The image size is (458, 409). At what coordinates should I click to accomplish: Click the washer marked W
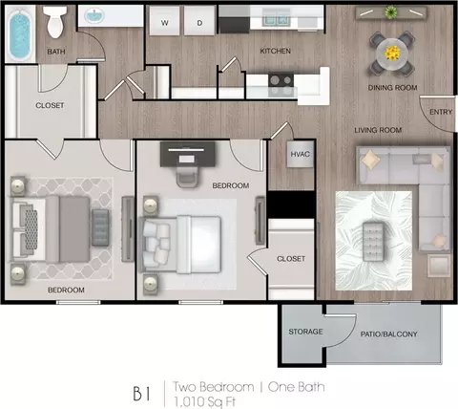click(164, 20)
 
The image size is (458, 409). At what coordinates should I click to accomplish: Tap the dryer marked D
click(199, 20)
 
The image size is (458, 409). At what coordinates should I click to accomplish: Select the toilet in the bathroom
click(55, 21)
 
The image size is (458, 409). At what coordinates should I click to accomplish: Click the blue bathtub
click(20, 34)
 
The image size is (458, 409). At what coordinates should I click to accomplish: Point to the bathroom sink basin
click(94, 15)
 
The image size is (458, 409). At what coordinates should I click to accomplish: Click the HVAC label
click(300, 154)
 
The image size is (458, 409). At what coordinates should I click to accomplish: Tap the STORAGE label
click(305, 332)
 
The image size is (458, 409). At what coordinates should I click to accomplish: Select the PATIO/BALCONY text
click(388, 334)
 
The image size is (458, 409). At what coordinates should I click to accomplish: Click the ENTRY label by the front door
click(441, 112)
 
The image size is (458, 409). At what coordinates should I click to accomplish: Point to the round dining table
click(392, 54)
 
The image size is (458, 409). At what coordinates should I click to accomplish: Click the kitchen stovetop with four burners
click(281, 85)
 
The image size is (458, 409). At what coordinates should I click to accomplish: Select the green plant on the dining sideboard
click(391, 12)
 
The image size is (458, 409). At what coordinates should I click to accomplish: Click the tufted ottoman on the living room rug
click(373, 242)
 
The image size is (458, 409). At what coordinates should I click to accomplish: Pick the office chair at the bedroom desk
click(188, 177)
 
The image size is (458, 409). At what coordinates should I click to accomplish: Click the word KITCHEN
click(275, 51)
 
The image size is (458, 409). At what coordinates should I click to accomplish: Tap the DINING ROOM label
click(392, 88)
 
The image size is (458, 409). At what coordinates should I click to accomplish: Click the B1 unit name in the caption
click(141, 394)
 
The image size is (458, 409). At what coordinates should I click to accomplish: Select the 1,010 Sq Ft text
click(204, 402)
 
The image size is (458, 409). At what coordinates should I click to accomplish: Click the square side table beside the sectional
click(439, 266)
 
